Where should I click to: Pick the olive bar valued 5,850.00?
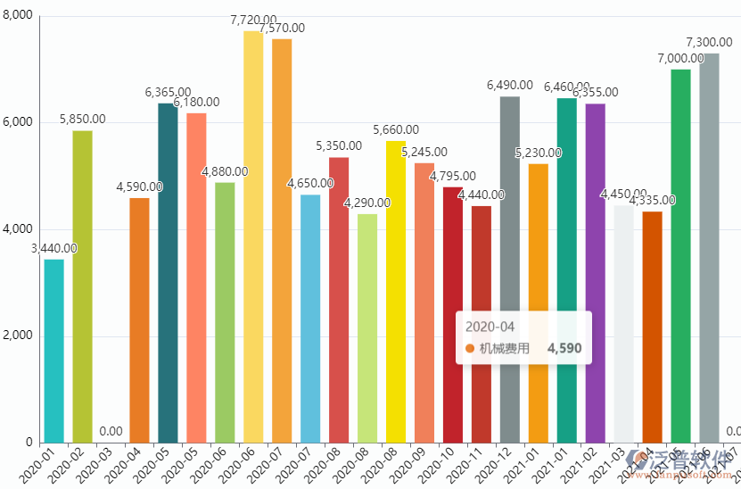coord(82,286)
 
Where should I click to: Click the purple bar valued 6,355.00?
coord(596,273)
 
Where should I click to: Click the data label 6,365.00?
coord(168,92)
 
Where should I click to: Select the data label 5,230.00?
coord(539,153)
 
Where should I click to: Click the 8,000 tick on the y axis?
coord(18,16)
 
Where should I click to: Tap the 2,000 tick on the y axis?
coord(18,336)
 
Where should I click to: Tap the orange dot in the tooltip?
coord(470,348)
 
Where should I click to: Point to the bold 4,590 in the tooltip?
coord(564,348)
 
